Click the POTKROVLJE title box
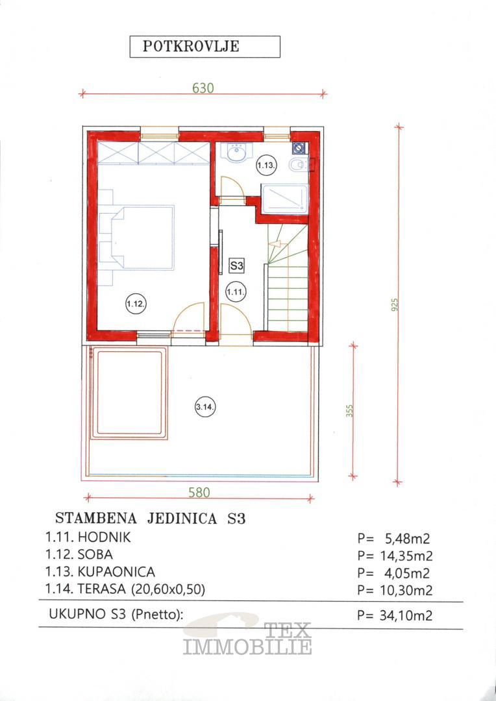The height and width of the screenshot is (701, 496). coord(205,47)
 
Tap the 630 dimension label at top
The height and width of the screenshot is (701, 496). coord(203,88)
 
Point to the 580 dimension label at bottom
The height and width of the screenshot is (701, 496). coord(199,492)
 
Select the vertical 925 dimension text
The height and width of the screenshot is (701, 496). coord(395,304)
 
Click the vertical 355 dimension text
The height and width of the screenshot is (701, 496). coord(350,411)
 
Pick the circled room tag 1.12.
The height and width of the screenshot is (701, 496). coord(134,304)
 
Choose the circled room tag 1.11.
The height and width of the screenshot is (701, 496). coord(234,292)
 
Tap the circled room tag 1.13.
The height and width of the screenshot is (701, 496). coord(267,166)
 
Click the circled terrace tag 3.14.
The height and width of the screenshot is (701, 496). coord(206,407)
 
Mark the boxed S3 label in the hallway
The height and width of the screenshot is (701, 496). coord(236,266)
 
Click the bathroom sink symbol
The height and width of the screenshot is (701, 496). coord(237,152)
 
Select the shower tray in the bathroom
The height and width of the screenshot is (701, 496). coord(285,199)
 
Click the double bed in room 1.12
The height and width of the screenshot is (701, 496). coord(142,238)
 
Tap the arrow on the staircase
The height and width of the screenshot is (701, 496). coord(275,244)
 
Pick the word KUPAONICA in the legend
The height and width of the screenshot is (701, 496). coord(116,572)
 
